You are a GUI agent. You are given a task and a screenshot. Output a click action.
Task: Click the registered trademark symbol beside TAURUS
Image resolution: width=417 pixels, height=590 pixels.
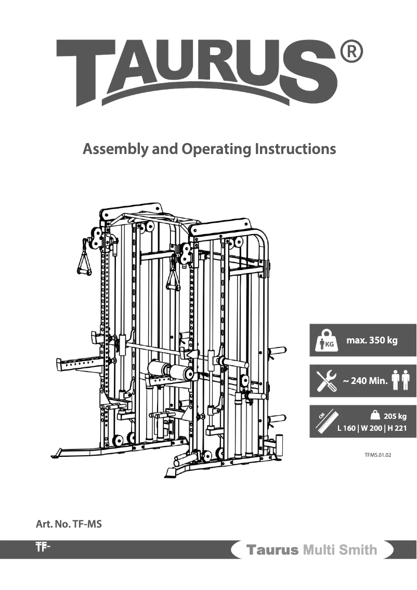tap(351, 52)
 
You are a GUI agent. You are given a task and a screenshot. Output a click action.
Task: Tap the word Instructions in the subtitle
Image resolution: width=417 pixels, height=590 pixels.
tap(295, 150)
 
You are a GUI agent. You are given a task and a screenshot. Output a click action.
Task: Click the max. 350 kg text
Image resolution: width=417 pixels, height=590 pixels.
tap(372, 341)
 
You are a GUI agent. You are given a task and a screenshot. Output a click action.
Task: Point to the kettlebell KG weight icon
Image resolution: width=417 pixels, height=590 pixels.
tap(325, 340)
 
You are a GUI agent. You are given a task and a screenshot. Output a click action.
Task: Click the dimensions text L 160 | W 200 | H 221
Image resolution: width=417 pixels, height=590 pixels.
tap(372, 429)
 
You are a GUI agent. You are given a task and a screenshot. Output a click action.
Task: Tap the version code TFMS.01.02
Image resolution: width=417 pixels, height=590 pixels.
tap(377, 455)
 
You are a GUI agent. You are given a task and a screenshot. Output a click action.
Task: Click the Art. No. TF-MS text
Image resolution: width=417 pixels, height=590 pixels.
tap(68, 524)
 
